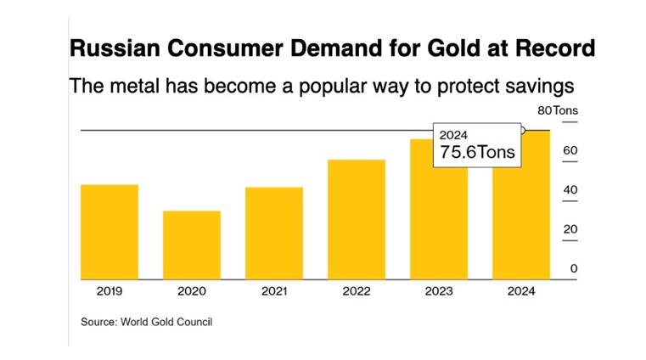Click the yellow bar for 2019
pyautogui.click(x=109, y=231)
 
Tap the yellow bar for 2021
pyautogui.click(x=273, y=233)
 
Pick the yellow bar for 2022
pyautogui.click(x=357, y=219)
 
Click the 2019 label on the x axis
pyautogui.click(x=109, y=291)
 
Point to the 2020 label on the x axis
pyautogui.click(x=192, y=291)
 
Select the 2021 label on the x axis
pyautogui.click(x=273, y=291)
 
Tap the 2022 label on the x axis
pyautogui.click(x=357, y=291)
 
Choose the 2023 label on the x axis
pyautogui.click(x=439, y=291)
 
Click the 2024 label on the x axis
pyautogui.click(x=521, y=291)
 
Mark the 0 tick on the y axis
pyautogui.click(x=573, y=268)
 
